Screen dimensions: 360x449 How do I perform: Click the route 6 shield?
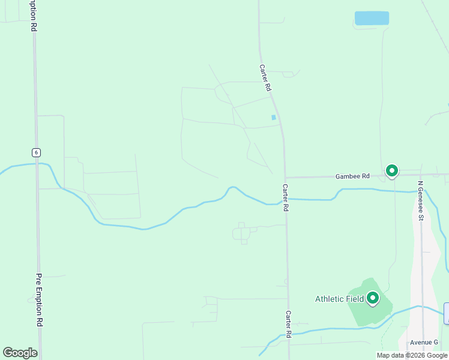click(37, 152)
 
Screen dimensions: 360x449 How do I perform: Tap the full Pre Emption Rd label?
click(40, 300)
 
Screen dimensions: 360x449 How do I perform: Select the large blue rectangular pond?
click(372, 18)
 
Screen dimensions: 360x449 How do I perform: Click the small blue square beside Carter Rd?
click(274, 117)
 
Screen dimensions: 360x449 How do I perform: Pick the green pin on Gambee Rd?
click(392, 172)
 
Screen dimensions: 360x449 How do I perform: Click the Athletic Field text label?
click(340, 299)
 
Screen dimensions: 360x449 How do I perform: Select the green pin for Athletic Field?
click(373, 298)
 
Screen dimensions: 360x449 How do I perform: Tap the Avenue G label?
click(424, 342)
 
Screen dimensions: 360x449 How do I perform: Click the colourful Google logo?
click(20, 353)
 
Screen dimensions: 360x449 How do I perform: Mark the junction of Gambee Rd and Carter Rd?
click(285, 177)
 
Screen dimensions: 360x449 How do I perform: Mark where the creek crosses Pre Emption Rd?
click(38, 164)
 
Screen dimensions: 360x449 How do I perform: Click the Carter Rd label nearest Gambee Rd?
click(286, 197)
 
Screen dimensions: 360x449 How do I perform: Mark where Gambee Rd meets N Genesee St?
click(420, 175)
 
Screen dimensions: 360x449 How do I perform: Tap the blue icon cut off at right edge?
click(447, 313)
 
